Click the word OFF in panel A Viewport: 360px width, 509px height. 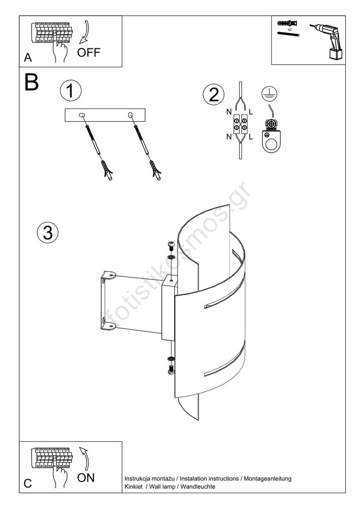[x=89, y=52]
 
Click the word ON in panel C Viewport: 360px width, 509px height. [x=86, y=477]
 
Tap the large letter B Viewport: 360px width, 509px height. [x=31, y=82]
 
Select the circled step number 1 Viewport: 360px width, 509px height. [x=70, y=91]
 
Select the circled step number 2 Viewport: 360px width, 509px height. [x=213, y=95]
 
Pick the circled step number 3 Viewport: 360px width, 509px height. [x=48, y=232]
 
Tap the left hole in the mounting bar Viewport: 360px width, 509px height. [x=82, y=116]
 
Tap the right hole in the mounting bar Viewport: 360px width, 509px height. [x=130, y=116]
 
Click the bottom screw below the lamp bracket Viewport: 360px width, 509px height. [x=171, y=369]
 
